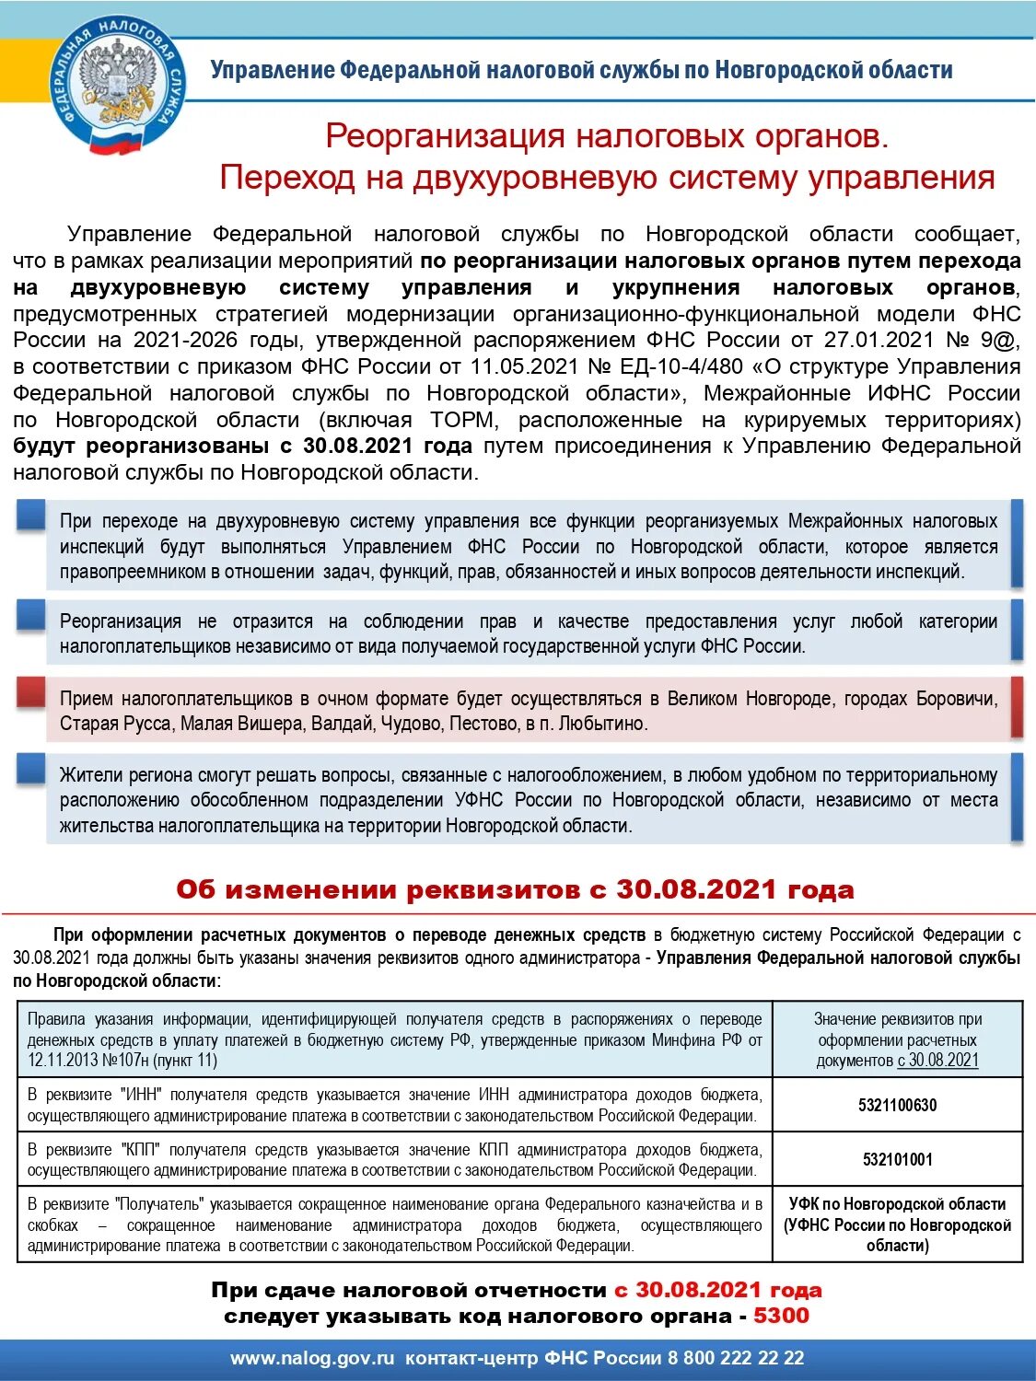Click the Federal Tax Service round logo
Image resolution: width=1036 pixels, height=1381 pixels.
117,88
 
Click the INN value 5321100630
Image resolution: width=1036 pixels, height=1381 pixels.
897,1105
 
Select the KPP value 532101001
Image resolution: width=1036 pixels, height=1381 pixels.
897,1159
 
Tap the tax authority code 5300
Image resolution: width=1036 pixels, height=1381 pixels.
781,1316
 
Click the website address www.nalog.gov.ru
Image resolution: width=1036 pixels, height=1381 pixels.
312,1358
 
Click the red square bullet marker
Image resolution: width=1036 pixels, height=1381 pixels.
31,692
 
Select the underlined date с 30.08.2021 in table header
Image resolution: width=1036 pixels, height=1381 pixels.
937,1061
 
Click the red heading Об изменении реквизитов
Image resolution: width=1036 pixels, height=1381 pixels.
515,890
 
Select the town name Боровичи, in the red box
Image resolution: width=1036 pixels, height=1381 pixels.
956,699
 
